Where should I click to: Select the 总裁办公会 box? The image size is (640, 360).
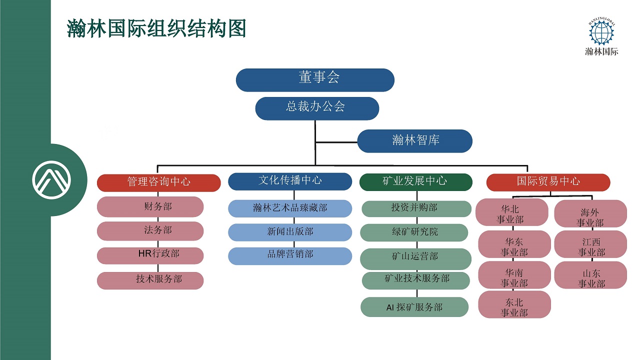317,108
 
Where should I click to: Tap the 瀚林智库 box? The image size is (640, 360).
414,141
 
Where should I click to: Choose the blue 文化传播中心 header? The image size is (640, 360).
290,181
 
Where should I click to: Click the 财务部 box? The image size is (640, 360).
150,206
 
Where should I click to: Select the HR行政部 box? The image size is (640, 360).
150,255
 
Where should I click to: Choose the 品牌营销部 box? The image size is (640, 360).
290,255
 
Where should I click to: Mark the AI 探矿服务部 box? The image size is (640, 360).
414,307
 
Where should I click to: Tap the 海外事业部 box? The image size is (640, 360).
590,214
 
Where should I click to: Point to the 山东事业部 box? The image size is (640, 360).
590,275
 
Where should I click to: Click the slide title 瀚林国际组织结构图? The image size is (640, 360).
156,28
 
